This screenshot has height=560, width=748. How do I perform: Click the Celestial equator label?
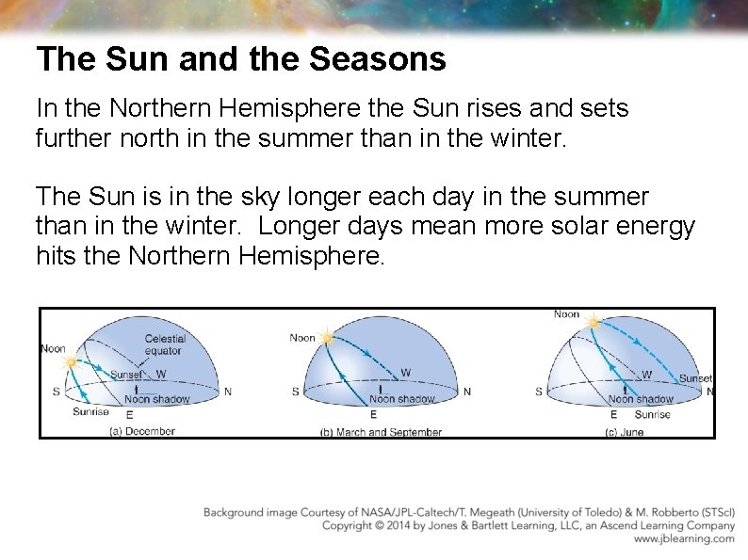coord(165,344)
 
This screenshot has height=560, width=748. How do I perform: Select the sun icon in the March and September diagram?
coord(327,336)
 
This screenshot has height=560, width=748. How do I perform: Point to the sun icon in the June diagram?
coord(593,324)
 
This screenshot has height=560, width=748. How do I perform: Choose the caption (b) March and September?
coord(382,432)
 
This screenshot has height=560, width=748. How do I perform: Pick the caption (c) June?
coord(626,432)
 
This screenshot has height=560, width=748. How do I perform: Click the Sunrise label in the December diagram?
coord(90,411)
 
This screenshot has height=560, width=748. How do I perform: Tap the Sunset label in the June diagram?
coord(695,378)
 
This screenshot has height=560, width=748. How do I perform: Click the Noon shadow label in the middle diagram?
coord(401,399)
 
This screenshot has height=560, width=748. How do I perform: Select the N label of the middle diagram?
coord(467,392)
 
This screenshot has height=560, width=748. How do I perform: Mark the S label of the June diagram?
coord(538,392)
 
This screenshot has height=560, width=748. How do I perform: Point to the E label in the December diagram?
coord(129,413)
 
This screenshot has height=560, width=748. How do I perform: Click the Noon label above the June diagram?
coord(567,314)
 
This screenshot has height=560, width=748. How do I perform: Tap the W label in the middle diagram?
coord(405,374)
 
